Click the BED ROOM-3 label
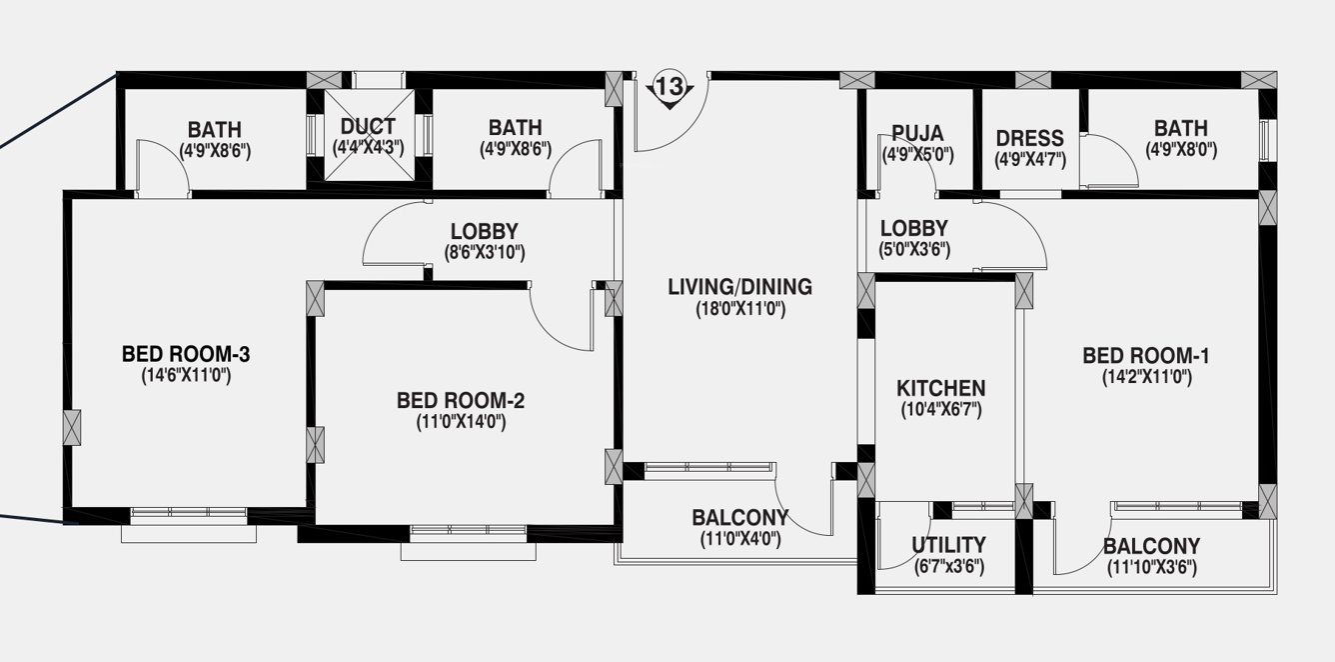(185, 354)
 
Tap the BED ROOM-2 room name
(461, 401)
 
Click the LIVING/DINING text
(739, 288)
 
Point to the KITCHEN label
(940, 388)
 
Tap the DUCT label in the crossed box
(368, 127)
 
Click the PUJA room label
(917, 134)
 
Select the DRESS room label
(1029, 138)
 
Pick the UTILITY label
(948, 545)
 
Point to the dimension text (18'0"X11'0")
(740, 310)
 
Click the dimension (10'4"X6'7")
(940, 409)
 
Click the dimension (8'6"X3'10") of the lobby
(484, 253)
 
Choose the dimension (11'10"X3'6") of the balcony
(1151, 568)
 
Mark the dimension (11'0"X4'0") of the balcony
(739, 539)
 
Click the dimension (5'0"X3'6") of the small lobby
(913, 250)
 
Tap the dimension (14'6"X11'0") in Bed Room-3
(186, 376)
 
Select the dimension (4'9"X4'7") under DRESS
(1029, 159)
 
